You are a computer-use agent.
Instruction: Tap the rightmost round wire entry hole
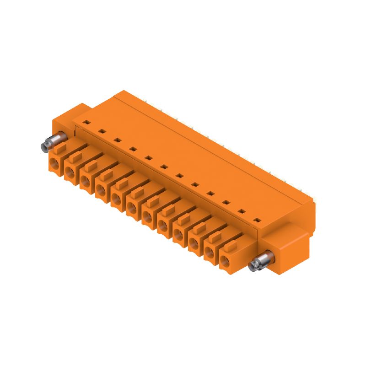coord(224,262)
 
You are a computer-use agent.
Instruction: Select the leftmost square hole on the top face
coord(86,122)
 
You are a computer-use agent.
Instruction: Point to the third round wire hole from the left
coord(86,181)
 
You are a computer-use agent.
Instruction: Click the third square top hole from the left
coord(118,140)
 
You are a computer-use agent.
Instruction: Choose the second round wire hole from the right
coord(209,253)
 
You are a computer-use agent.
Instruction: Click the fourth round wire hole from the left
coord(101,190)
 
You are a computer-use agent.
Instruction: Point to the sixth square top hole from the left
coord(164,167)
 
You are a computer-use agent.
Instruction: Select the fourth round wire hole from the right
coord(178,235)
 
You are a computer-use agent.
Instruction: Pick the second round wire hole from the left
coord(70,172)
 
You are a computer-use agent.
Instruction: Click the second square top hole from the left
coord(102,131)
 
